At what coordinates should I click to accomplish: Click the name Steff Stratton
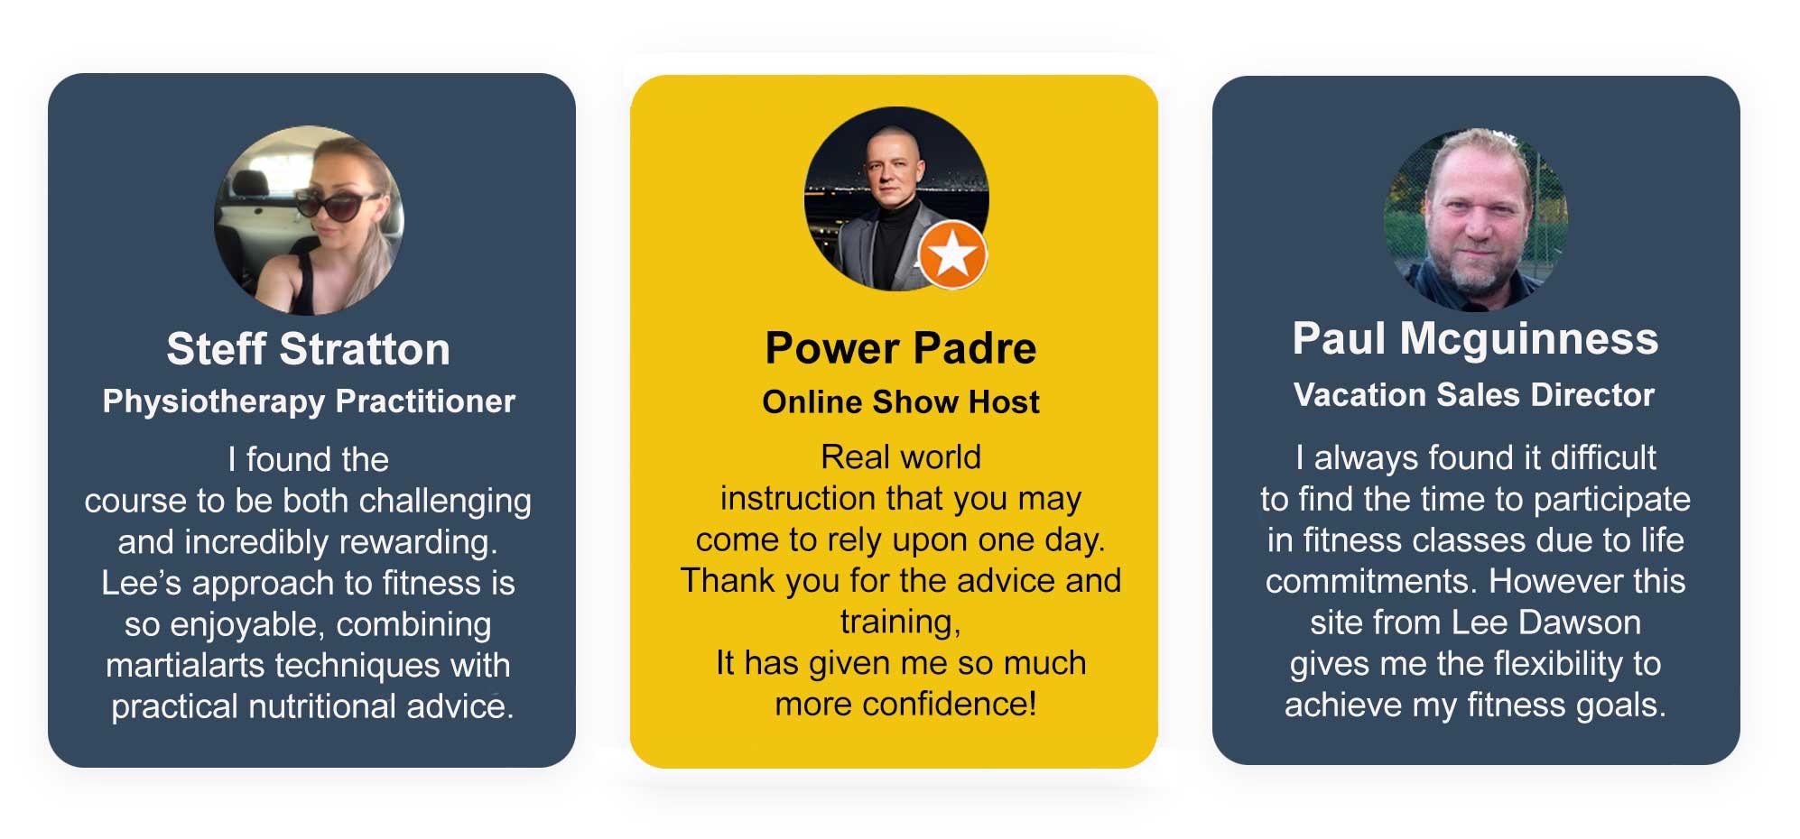click(x=308, y=349)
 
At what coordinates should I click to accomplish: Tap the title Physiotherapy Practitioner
click(x=309, y=401)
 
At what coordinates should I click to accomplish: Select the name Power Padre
click(x=901, y=348)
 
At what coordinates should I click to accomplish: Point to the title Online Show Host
click(x=901, y=401)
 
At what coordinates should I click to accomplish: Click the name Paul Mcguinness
click(x=1475, y=339)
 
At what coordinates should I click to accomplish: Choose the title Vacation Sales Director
click(x=1474, y=395)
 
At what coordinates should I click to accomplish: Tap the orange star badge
click(x=952, y=254)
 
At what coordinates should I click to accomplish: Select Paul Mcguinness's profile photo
click(x=1475, y=219)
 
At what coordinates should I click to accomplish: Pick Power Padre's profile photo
click(x=896, y=199)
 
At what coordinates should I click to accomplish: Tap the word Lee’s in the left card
click(x=142, y=584)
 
